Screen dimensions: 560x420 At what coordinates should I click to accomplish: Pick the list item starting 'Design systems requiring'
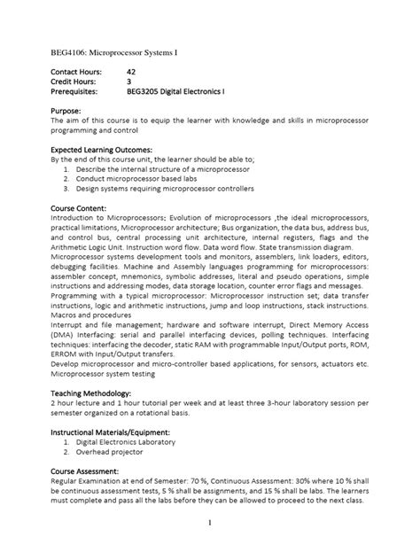pos(164,188)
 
